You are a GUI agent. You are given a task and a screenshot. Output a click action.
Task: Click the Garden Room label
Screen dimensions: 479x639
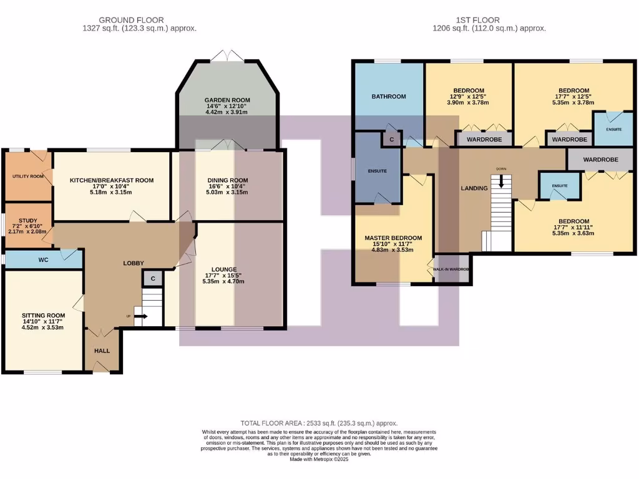(227, 100)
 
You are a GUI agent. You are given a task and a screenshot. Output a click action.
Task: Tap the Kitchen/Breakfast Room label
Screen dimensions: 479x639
(111, 180)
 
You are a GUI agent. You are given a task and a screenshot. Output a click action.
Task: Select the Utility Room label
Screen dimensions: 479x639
(27, 177)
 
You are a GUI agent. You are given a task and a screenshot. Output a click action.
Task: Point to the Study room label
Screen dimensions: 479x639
(27, 220)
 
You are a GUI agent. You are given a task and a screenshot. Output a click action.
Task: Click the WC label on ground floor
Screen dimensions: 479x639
(44, 259)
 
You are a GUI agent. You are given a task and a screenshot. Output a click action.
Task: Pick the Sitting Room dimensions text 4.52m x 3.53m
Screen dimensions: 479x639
(43, 327)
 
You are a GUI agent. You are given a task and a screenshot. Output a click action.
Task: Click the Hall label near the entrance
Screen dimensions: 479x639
(102, 351)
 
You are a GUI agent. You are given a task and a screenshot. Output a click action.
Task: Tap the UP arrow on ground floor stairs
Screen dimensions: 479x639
(139, 316)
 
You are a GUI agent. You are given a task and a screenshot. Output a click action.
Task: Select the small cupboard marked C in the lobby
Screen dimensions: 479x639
(153, 278)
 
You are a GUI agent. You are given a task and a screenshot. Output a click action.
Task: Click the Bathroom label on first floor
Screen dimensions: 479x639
(389, 97)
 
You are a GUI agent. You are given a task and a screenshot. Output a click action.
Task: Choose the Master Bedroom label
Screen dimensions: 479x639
(393, 238)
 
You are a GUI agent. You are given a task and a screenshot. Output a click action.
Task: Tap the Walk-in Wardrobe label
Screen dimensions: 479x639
(451, 269)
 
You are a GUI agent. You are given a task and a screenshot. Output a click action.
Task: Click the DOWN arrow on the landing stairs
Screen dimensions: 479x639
(500, 183)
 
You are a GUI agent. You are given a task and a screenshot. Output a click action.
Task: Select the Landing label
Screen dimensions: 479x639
(474, 188)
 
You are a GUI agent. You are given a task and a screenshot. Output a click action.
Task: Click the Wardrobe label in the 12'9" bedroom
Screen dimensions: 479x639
(485, 140)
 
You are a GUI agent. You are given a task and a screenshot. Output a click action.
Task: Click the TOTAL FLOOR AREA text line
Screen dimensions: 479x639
(319, 423)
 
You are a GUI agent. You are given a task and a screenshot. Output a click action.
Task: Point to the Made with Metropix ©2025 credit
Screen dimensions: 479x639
(319, 460)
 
